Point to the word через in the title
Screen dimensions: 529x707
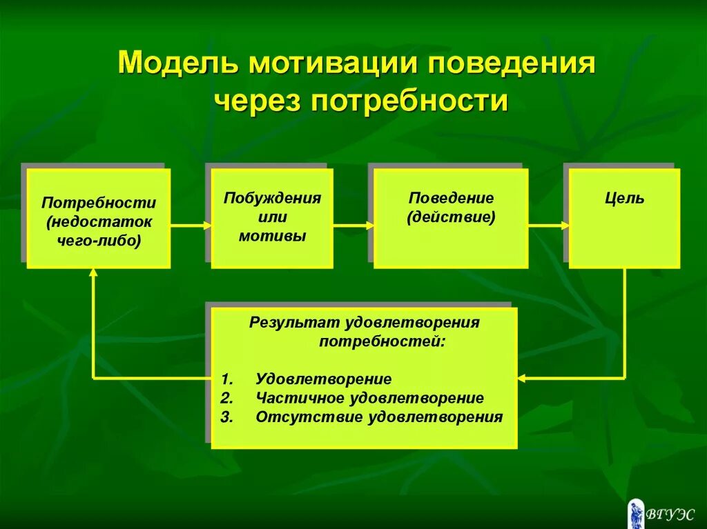(x=258, y=101)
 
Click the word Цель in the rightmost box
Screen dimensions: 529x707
(x=624, y=199)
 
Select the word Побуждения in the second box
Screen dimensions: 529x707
(x=272, y=198)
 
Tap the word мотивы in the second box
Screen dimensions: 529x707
(x=272, y=236)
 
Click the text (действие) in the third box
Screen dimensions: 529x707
(x=451, y=217)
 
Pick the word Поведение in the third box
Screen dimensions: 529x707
(x=451, y=198)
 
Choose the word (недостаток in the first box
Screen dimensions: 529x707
(x=98, y=222)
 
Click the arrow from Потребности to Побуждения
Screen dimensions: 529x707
(x=191, y=225)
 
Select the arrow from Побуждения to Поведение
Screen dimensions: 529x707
(x=353, y=225)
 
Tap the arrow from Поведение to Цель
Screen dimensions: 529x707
(x=549, y=225)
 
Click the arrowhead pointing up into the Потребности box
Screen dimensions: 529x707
(x=93, y=273)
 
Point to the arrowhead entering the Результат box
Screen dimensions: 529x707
(x=522, y=378)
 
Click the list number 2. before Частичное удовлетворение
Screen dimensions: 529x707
(x=228, y=399)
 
